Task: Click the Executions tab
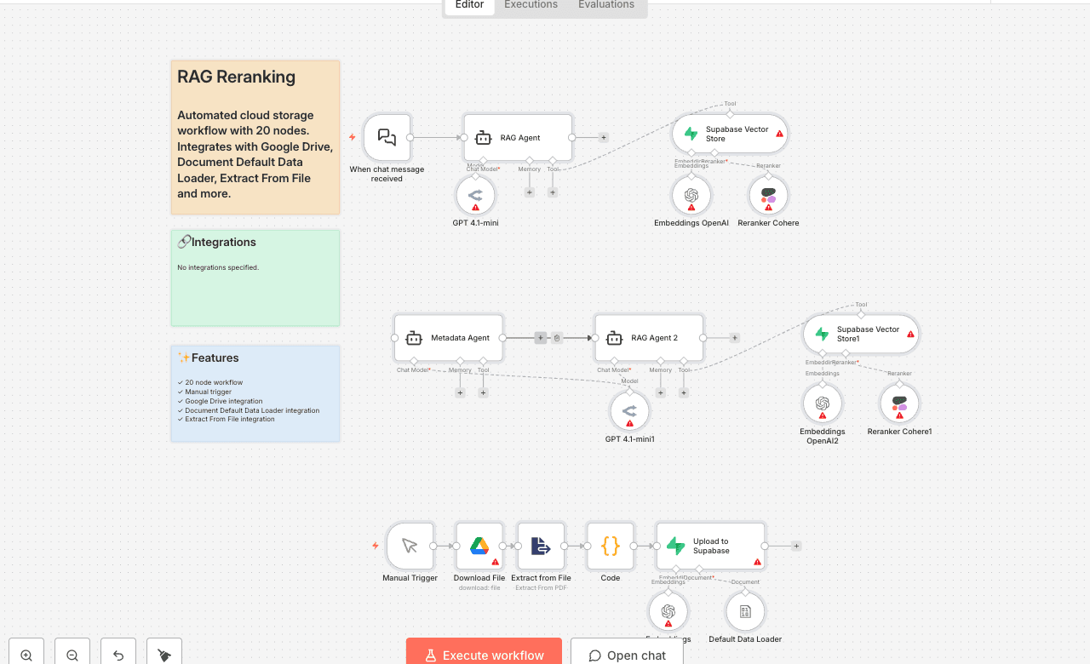(x=531, y=5)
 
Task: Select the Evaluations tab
(x=605, y=5)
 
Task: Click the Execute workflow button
(x=484, y=654)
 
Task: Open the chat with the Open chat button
(x=627, y=654)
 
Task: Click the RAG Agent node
(x=518, y=137)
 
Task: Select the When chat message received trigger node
(x=387, y=137)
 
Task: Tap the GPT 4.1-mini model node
(x=475, y=196)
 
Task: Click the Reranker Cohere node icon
(x=768, y=196)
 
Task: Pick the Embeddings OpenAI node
(x=691, y=196)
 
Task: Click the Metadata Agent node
(x=449, y=338)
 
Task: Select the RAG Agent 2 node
(x=649, y=338)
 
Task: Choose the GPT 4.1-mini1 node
(x=629, y=412)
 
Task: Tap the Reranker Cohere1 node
(x=899, y=404)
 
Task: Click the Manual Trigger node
(x=410, y=546)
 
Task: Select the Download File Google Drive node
(x=480, y=546)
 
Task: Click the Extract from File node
(x=541, y=546)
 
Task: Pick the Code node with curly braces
(x=611, y=546)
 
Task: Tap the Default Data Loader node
(x=745, y=612)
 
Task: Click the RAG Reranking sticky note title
(x=237, y=77)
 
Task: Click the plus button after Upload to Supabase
(x=796, y=546)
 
